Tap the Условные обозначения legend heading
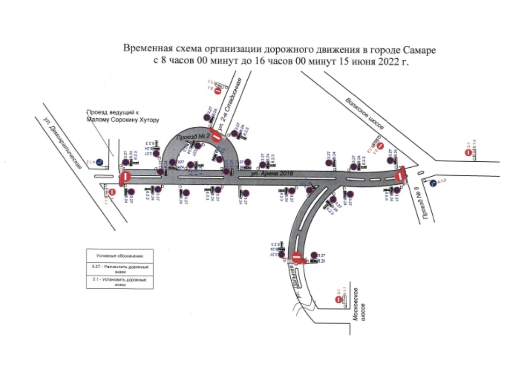point(120,256)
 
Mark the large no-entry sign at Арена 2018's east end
point(400,176)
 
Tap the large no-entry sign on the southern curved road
point(297,257)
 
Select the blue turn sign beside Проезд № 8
point(434,183)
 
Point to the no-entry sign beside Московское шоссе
point(338,300)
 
